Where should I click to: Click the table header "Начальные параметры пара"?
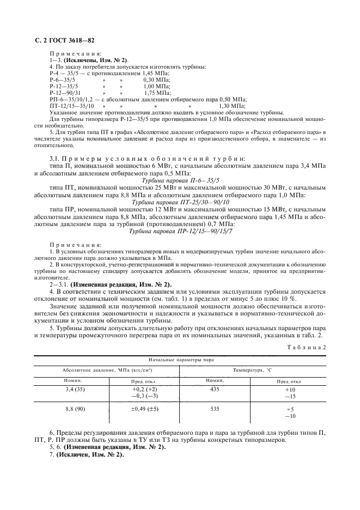pos(180,360)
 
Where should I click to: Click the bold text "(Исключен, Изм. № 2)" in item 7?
pos(90,454)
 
